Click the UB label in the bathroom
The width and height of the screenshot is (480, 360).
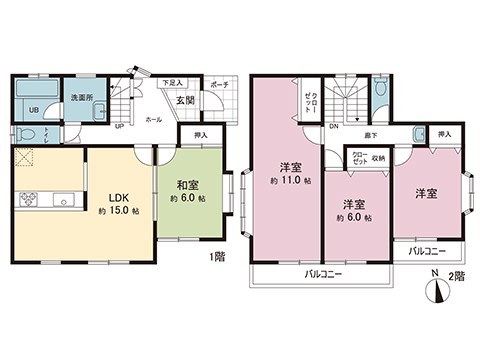point(32,111)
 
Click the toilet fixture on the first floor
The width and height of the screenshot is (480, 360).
point(29,134)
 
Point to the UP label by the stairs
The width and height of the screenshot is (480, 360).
point(120,127)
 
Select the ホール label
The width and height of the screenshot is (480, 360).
point(154,119)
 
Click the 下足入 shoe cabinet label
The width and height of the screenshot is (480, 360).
point(172,84)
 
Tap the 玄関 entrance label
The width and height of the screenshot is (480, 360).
point(186,100)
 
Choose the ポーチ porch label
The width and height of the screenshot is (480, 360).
point(219,85)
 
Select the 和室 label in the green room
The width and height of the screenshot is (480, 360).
point(188,185)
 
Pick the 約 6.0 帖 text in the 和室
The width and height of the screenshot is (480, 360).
point(188,200)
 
